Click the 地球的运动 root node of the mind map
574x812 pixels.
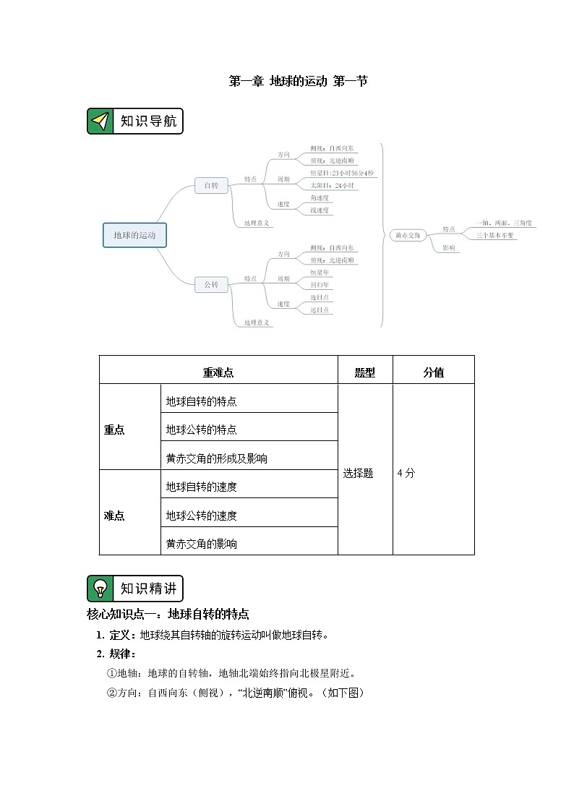pyautogui.click(x=134, y=235)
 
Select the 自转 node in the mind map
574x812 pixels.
pyautogui.click(x=211, y=186)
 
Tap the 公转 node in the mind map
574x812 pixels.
pyautogui.click(x=211, y=285)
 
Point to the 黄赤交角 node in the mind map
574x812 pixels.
pyautogui.click(x=405, y=236)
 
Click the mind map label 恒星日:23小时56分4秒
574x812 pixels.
pyautogui.click(x=342, y=174)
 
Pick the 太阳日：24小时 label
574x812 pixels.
pyautogui.click(x=333, y=186)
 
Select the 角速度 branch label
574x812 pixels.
pyautogui.click(x=320, y=197)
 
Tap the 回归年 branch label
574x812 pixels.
pyautogui.click(x=320, y=285)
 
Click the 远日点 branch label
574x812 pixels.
pyautogui.click(x=320, y=309)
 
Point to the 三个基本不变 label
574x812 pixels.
pyautogui.click(x=496, y=236)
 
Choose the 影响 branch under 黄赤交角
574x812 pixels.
pyautogui.click(x=449, y=248)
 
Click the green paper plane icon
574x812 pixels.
pyautogui.click(x=100, y=121)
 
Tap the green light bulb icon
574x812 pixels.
pyautogui.click(x=100, y=589)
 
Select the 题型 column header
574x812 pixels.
pyautogui.click(x=365, y=373)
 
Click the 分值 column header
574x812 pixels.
pyautogui.click(x=434, y=373)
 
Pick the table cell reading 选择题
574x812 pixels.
pyautogui.click(x=359, y=474)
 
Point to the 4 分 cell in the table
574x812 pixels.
pyautogui.click(x=406, y=474)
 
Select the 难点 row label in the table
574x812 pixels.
pyautogui.click(x=114, y=516)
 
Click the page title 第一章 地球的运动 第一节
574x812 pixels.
pyautogui.click(x=299, y=82)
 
